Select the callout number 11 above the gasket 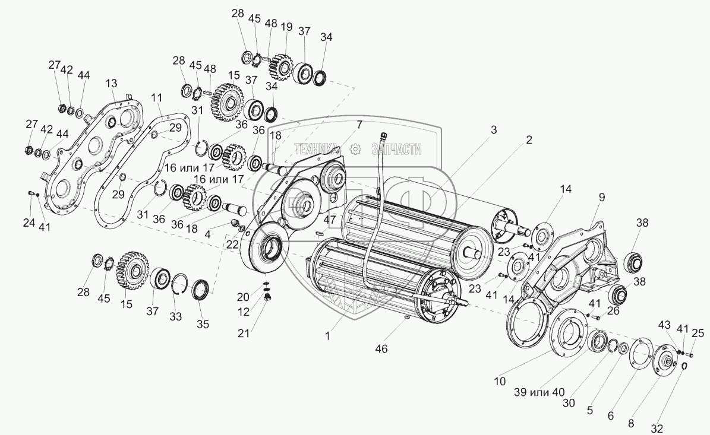(156, 97)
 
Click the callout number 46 (381, 349)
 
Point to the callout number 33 (176, 316)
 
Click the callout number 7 (359, 124)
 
